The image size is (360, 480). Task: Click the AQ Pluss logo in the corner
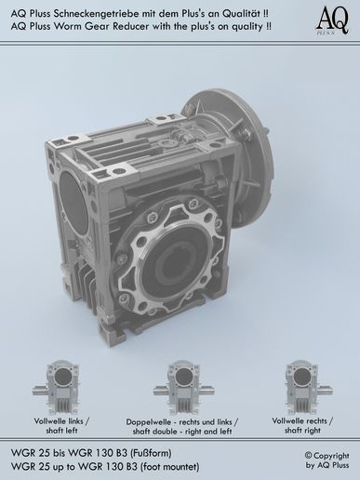[x=332, y=21]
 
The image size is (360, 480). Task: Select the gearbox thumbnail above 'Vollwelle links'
[x=61, y=387]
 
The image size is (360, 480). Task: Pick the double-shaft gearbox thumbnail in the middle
[x=183, y=388]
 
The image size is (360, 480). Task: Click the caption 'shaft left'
[x=61, y=431]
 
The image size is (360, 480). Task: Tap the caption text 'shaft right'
[x=302, y=431]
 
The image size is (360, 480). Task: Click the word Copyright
[x=331, y=456]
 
